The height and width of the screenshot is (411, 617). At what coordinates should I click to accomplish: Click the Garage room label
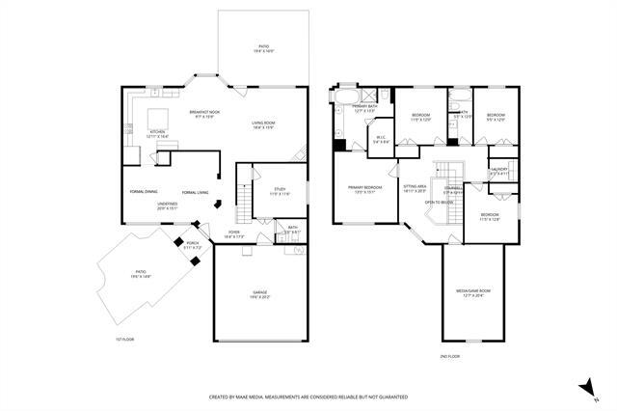tap(260, 291)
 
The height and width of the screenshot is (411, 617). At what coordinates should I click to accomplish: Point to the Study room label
tap(280, 189)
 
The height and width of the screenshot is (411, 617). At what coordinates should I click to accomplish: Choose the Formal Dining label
tap(144, 192)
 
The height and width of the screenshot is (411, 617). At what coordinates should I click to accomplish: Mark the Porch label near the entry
tap(193, 243)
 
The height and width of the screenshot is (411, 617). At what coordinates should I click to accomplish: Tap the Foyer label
tap(234, 233)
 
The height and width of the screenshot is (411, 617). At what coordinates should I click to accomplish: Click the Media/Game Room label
tap(473, 290)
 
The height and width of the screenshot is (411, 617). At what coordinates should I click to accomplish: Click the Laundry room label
tap(498, 170)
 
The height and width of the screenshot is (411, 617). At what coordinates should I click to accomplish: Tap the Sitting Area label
tap(416, 187)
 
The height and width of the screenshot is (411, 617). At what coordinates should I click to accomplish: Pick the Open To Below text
tap(440, 203)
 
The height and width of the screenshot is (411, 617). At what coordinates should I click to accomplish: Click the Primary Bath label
tap(364, 106)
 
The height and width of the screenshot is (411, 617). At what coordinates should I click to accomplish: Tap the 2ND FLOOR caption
tap(449, 356)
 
